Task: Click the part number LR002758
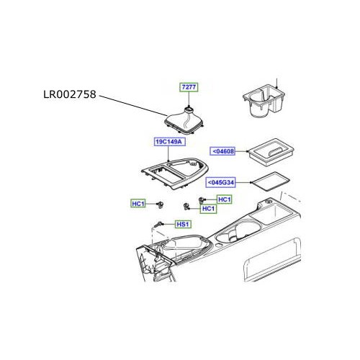pos(68,94)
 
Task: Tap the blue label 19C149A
pos(170,143)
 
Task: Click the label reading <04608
pos(222,151)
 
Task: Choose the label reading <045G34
pos(222,183)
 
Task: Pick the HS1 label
pos(183,224)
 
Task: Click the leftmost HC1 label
pos(138,204)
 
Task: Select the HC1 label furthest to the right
pos(224,199)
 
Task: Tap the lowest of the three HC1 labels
pos(209,209)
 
